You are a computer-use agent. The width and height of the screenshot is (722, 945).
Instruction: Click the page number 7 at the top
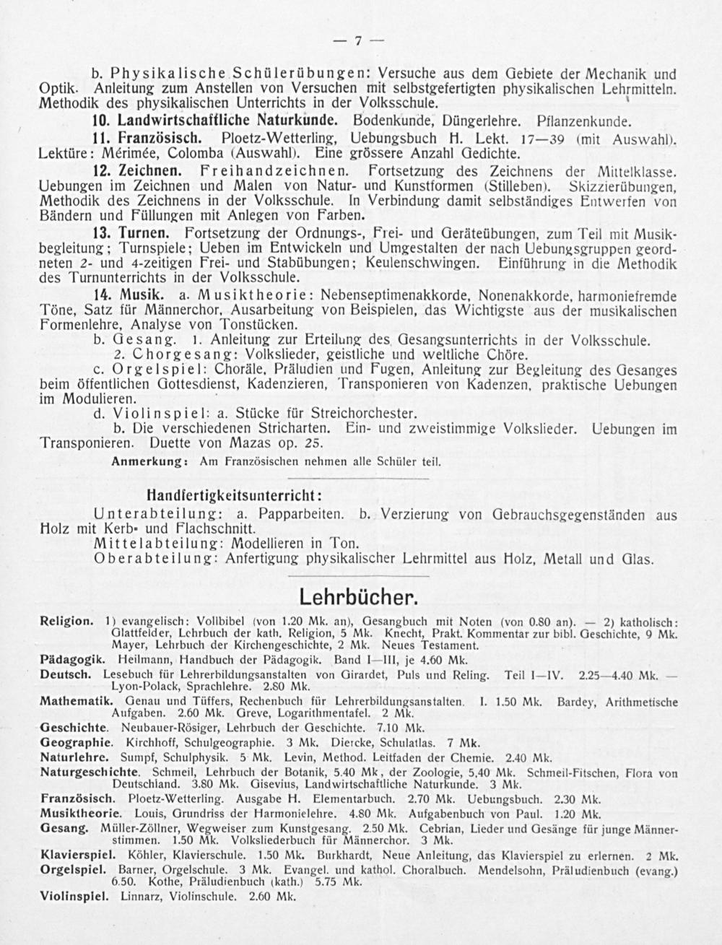[359, 41]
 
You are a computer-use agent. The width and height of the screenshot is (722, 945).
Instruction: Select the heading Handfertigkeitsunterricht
[234, 497]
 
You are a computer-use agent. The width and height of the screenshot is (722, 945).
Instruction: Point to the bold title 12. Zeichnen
[139, 172]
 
